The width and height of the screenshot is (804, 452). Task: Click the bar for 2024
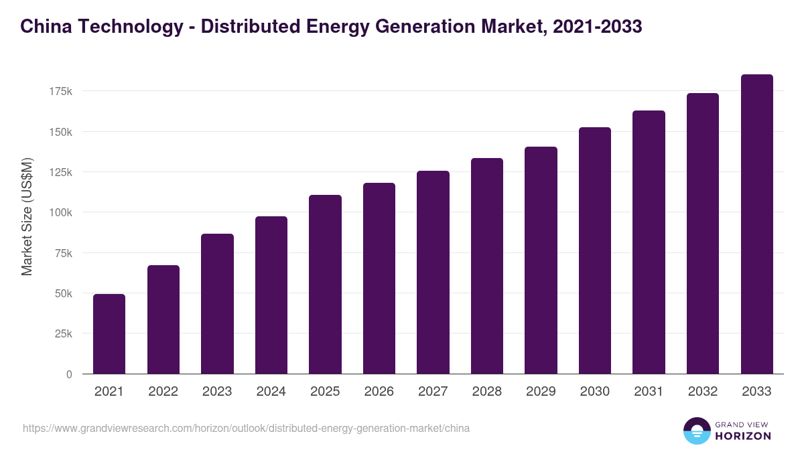pyautogui.click(x=271, y=295)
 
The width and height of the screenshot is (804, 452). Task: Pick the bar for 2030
pyautogui.click(x=595, y=250)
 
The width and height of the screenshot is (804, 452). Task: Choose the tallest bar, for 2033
pyautogui.click(x=756, y=224)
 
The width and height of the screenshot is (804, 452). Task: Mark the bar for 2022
pyautogui.click(x=163, y=319)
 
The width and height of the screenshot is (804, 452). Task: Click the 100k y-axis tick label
pyautogui.click(x=60, y=212)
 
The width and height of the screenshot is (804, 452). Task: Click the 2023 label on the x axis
pyautogui.click(x=217, y=392)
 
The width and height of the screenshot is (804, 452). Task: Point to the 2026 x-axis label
pyautogui.click(x=379, y=392)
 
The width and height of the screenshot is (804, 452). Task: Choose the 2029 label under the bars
pyautogui.click(x=541, y=392)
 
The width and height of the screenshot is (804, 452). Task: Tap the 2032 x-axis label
pyautogui.click(x=703, y=392)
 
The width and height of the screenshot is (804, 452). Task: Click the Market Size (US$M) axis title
pyautogui.click(x=27, y=217)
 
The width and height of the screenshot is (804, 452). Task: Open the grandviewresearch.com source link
pyautogui.click(x=246, y=428)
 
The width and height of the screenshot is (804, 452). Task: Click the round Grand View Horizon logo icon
pyautogui.click(x=696, y=431)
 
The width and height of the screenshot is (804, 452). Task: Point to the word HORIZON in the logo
pyautogui.click(x=743, y=436)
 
